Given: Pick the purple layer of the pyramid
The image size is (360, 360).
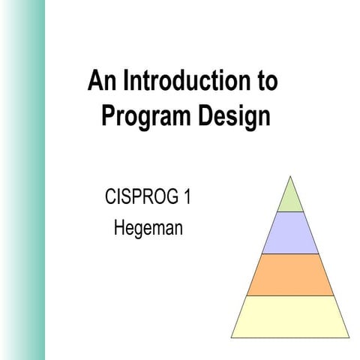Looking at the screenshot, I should (x=289, y=233).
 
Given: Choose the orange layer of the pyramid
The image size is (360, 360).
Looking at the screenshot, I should (x=289, y=274).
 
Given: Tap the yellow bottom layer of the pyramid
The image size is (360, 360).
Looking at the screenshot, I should (x=289, y=316).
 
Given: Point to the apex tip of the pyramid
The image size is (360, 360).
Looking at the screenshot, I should (x=289, y=176).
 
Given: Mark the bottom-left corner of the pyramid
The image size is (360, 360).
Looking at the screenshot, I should (x=231, y=337).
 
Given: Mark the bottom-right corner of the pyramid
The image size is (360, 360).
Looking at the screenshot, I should (x=349, y=337).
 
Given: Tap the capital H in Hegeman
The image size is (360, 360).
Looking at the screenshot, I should (x=118, y=226).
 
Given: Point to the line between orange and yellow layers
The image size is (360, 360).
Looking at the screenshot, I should (x=289, y=295).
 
